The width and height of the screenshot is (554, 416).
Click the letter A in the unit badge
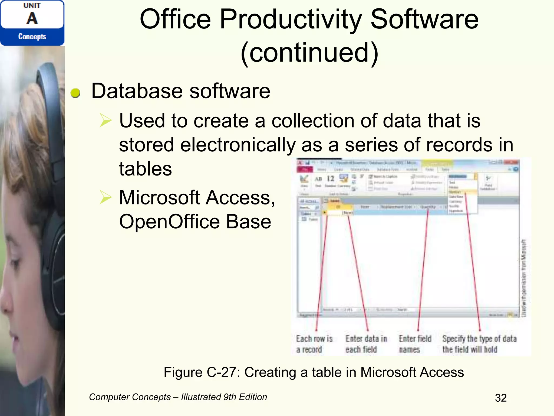(x=32, y=18)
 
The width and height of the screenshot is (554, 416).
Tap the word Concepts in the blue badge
(x=32, y=36)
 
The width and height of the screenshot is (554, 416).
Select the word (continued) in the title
(x=309, y=53)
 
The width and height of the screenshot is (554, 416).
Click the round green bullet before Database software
(x=75, y=93)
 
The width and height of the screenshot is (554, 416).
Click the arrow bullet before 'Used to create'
(x=105, y=121)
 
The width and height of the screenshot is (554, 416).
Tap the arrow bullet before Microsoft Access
(x=105, y=197)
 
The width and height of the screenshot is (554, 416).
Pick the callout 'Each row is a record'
(x=314, y=344)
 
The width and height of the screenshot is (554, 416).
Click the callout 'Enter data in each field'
(x=366, y=344)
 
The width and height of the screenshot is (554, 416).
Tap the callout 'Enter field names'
(x=415, y=344)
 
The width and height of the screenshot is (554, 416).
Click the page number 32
(x=501, y=398)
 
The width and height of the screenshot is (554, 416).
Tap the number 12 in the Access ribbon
(x=331, y=179)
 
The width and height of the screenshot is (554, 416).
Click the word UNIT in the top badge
(x=32, y=6)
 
